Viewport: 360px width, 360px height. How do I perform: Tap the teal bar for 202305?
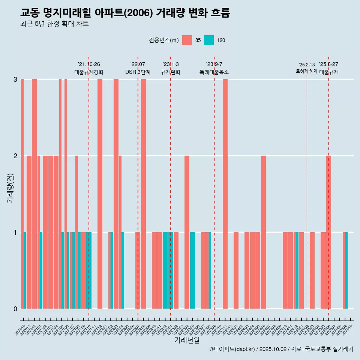[192, 270]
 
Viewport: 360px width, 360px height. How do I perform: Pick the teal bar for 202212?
[165, 270]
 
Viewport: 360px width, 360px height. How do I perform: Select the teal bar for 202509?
[346, 270]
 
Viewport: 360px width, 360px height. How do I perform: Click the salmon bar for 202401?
[236, 270]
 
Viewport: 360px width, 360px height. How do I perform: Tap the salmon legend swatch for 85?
[187, 40]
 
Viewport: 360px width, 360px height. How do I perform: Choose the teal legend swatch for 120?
[209, 40]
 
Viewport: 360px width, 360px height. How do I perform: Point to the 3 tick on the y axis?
[15, 79]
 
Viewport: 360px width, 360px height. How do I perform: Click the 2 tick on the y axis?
[15, 156]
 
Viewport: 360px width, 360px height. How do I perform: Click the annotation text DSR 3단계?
[138, 72]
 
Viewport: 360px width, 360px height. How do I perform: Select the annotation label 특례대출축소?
[214, 72]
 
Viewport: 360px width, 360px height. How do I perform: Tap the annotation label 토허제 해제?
[307, 71]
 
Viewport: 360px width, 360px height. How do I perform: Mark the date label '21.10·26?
[89, 64]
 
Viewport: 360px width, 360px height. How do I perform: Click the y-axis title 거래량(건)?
[10, 187]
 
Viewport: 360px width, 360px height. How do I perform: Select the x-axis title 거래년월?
[187, 340]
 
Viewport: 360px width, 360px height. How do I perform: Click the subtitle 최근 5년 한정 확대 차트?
[55, 24]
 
